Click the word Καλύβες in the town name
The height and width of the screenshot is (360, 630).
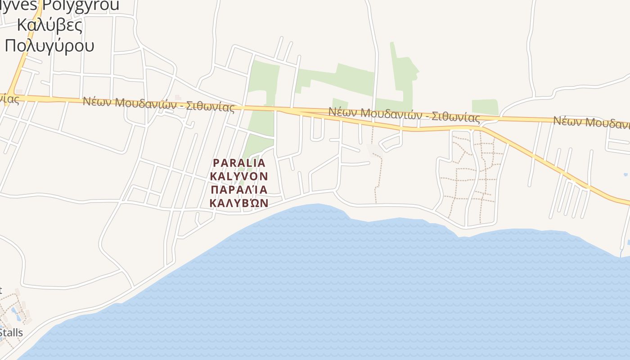pyautogui.click(x=49, y=25)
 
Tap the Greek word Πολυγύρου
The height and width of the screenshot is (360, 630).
pyautogui.click(x=49, y=45)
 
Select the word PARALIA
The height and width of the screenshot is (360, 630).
pyautogui.click(x=239, y=162)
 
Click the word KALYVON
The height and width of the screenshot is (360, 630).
pyautogui.click(x=239, y=175)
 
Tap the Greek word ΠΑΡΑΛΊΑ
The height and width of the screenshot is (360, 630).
pyautogui.click(x=239, y=189)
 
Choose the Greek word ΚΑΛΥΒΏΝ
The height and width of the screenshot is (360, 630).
pyautogui.click(x=239, y=202)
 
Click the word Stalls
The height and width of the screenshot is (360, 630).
pyautogui.click(x=11, y=333)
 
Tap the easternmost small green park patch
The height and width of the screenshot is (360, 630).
pyautogui.click(x=485, y=107)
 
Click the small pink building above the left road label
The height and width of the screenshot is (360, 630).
pyautogui.click(x=178, y=97)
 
